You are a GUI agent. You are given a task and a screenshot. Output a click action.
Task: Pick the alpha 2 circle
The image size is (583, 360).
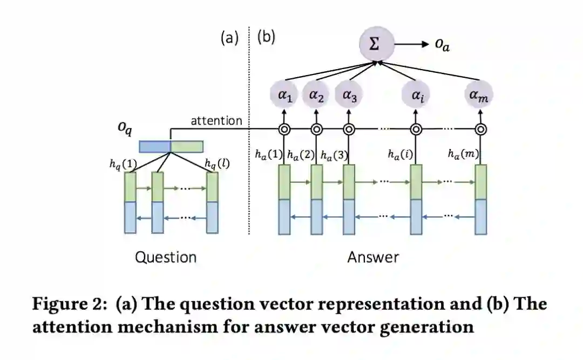coord(316,95)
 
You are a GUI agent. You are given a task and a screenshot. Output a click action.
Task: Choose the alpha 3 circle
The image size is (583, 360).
coord(349,95)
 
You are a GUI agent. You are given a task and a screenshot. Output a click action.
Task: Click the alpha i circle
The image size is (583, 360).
coord(416,95)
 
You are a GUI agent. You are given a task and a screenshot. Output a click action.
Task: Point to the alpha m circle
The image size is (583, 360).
coord(480,95)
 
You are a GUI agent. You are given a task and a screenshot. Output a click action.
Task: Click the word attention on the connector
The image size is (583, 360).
coord(216,120)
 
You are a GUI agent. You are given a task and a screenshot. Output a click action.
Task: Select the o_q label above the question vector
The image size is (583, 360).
coord(125,130)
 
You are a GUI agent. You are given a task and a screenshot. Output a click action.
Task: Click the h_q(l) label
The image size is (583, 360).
coord(217,162)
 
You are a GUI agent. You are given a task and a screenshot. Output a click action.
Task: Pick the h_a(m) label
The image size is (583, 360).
coord(464,154)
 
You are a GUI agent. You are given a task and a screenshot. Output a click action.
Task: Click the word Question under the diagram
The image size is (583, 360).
coord(165,257)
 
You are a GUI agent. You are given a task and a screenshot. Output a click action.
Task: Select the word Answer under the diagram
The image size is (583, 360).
coord(373,257)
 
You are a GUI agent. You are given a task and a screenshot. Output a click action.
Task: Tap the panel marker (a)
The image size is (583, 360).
coord(229,37)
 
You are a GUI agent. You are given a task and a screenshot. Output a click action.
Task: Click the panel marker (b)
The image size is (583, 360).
coord(266,37)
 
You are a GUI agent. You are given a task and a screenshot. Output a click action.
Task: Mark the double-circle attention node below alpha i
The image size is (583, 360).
coord(416,130)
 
